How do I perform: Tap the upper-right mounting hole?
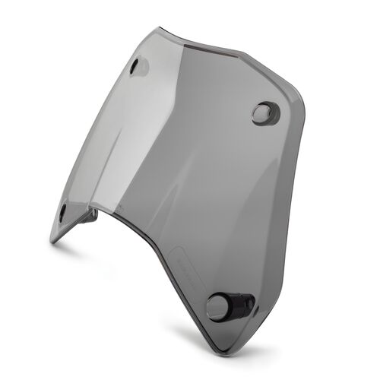coord(263,114)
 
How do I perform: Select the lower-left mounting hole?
coord(62,214)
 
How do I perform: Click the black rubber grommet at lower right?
coord(228,306)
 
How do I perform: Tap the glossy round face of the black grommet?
coord(218,306)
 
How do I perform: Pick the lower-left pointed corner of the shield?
coord(52,242)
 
